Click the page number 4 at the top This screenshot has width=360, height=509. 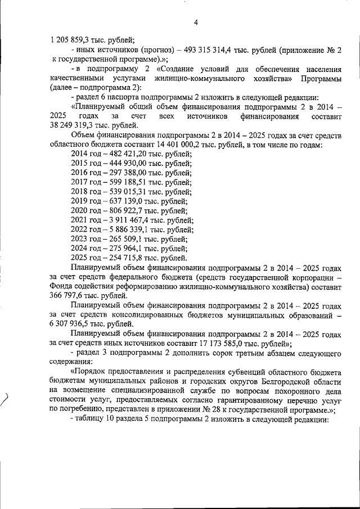[195, 23]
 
